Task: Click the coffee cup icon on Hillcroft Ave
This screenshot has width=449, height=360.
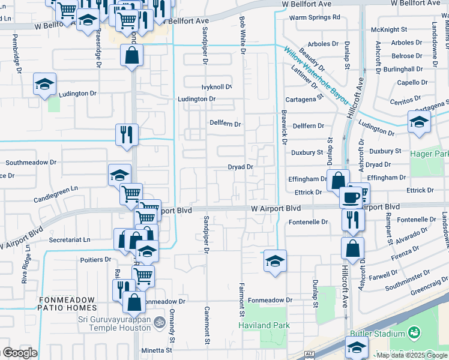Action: click(351, 197)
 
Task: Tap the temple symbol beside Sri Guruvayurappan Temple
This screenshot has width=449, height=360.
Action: click(159, 322)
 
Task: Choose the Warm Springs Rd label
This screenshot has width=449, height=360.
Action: click(315, 17)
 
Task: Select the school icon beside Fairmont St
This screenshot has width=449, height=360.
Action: click(275, 261)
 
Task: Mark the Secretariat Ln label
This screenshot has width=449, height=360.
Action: click(70, 239)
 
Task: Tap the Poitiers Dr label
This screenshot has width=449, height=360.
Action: click(95, 259)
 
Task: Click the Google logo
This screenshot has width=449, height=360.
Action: click(20, 353)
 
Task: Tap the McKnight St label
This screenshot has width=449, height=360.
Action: click(389, 29)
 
